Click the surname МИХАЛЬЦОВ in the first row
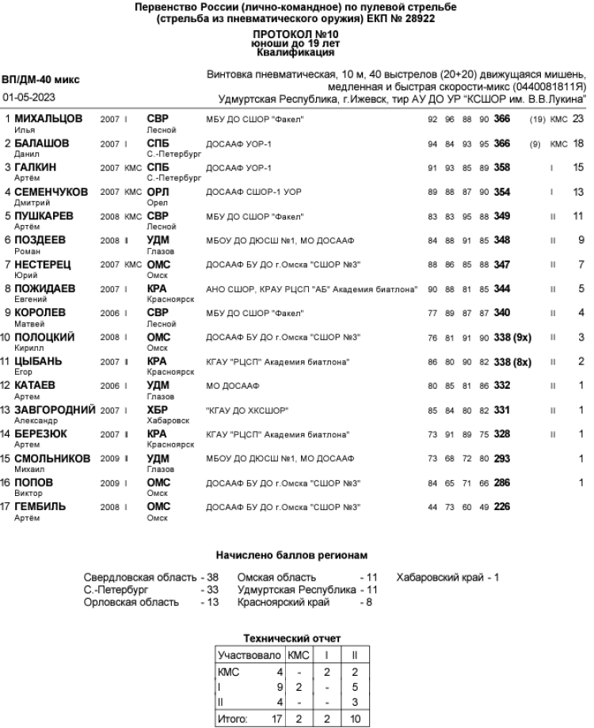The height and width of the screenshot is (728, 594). [48, 118]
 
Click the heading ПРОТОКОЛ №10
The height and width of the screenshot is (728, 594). [296, 35]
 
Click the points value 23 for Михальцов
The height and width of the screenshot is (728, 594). [577, 119]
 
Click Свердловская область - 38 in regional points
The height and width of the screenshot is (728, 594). [151, 577]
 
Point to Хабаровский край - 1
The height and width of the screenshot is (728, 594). [447, 577]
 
